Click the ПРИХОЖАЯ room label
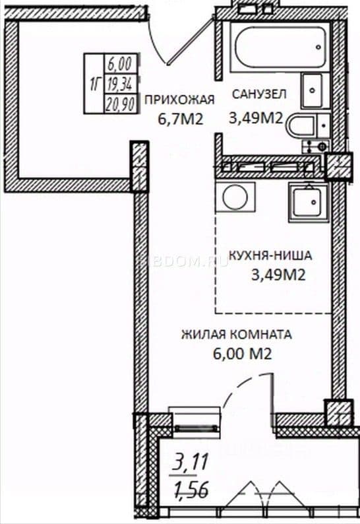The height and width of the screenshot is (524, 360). pos(179,100)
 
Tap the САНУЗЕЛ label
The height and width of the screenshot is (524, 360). pos(259,94)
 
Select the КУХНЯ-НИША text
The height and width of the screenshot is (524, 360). pos(270,255)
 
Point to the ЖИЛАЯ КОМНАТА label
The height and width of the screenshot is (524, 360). pos(237,335)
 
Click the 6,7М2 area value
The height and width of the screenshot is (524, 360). pos(181,119)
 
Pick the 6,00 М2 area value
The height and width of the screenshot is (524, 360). pos(242,354)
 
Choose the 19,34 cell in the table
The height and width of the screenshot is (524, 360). pos(120,84)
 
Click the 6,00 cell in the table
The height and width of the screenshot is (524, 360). pos(120,63)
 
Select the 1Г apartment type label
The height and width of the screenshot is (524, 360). pos(94,84)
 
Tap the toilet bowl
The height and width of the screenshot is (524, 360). pos(302,126)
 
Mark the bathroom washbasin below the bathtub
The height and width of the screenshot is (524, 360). pos(313,90)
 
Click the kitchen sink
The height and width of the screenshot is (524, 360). pos(309,201)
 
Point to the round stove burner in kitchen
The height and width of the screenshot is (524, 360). pos(235,197)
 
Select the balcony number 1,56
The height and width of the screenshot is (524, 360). pos(191,489)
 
